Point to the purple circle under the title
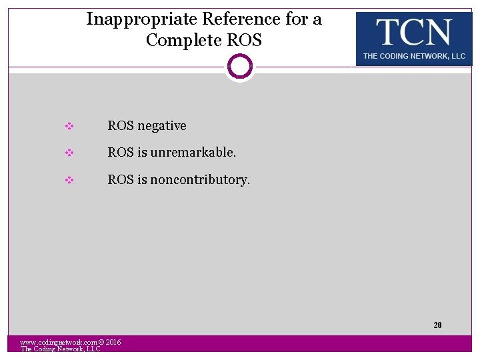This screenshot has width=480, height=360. (240, 66)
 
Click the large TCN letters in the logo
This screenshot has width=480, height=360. (413, 32)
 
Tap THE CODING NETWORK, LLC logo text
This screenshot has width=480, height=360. (414, 56)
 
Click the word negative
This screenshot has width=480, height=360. (162, 126)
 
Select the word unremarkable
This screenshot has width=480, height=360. (193, 153)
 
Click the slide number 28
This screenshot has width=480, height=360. (437, 325)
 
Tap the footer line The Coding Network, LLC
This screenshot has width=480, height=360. (60, 349)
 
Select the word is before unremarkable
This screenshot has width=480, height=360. (142, 153)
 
